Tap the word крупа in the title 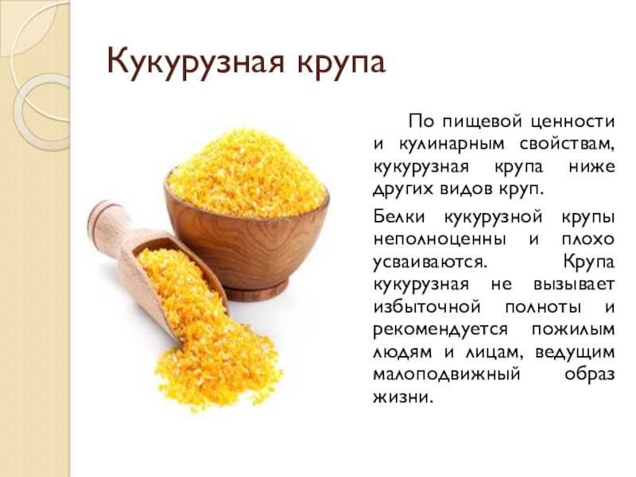341,64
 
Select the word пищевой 484,122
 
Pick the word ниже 591,167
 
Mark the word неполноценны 440,239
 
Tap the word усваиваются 429,262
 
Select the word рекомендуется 440,330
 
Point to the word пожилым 573,329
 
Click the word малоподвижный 447,374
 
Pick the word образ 589,374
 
